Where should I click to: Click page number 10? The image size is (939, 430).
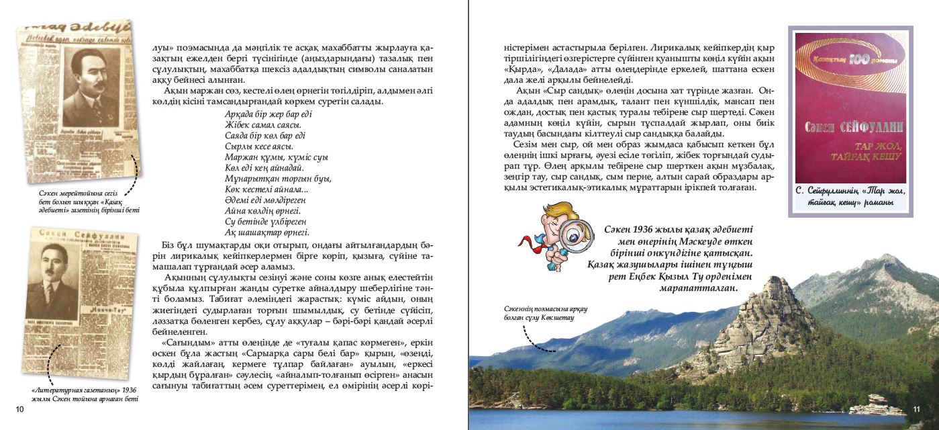pyautogui.click(x=19, y=408)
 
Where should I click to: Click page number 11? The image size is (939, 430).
pyautogui.click(x=917, y=409)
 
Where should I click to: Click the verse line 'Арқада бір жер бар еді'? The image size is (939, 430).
pyautogui.click(x=268, y=114)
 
